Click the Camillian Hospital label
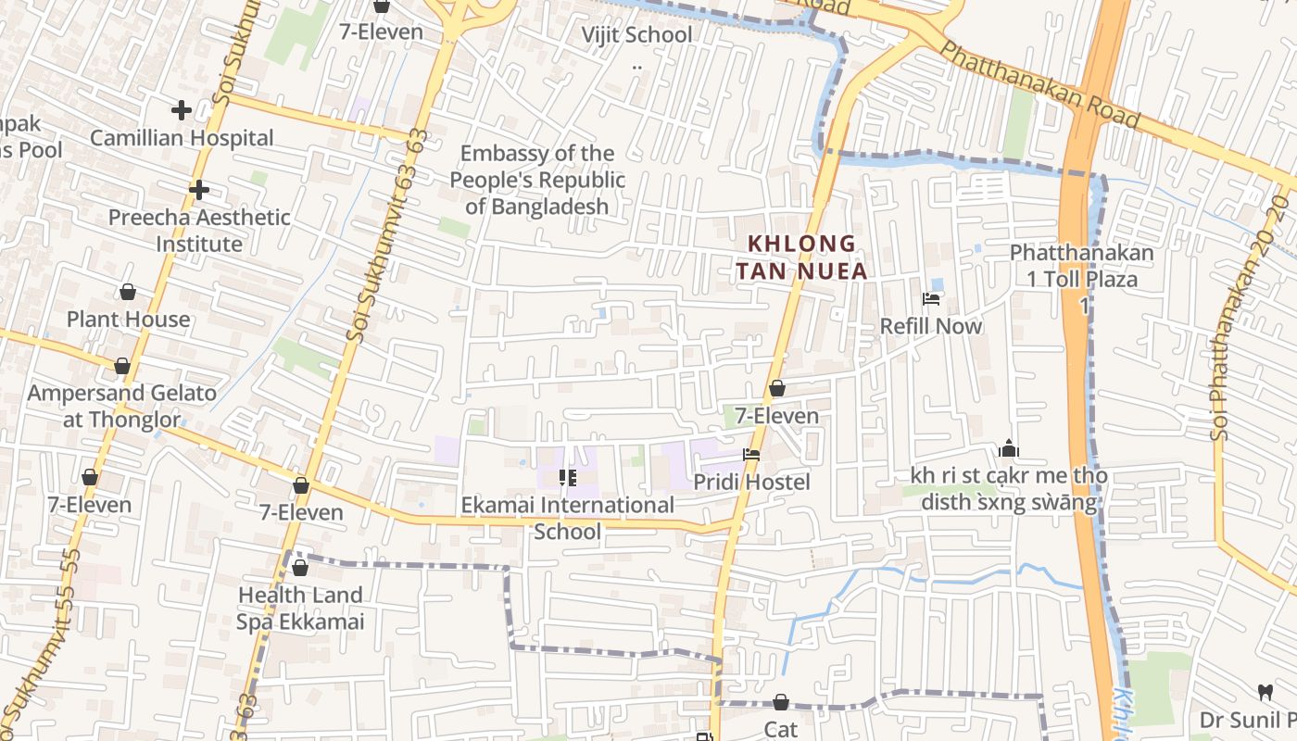182,138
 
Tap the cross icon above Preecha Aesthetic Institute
198,190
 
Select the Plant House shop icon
128,293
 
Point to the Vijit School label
636,35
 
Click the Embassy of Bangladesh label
537,180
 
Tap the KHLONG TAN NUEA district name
807,257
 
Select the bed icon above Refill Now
931,299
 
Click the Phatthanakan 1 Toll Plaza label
1081,265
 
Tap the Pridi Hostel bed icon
751,455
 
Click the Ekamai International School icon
567,478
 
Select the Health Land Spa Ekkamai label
300,608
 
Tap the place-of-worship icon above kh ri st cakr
1009,450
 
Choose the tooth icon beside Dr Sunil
1265,692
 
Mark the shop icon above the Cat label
781,703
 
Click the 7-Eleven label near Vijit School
381,31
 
